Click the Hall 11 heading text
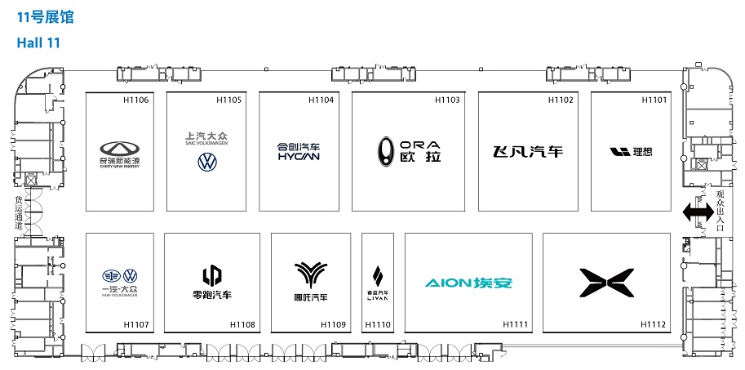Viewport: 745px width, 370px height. [38, 42]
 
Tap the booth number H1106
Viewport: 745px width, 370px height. [135, 100]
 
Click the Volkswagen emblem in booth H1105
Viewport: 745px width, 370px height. [207, 162]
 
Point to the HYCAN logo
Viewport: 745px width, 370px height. [298, 152]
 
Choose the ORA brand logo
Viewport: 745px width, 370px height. [409, 150]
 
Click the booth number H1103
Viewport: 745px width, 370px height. [446, 100]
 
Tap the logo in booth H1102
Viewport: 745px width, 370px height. [528, 152]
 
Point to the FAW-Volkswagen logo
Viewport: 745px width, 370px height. [119, 281]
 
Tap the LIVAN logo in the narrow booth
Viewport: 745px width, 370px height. [377, 282]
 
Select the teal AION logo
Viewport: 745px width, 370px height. [468, 283]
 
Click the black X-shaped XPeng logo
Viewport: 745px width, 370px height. [604, 283]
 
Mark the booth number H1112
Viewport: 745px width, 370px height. [653, 324]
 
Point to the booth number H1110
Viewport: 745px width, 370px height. [378, 324]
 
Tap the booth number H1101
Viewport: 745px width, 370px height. [654, 100]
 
